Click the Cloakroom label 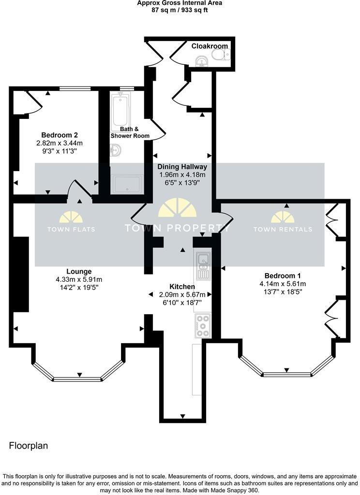click(x=209, y=46)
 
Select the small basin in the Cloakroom click(x=202, y=61)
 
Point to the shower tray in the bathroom click(x=127, y=184)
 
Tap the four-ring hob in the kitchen click(x=202, y=326)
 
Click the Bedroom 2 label click(x=59, y=135)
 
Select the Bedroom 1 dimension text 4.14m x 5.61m click(x=283, y=284)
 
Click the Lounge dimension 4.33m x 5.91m click(x=79, y=279)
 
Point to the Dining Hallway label click(x=182, y=167)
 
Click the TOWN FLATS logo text click(x=71, y=229)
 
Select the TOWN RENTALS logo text click(x=283, y=229)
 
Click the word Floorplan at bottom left click(x=29, y=446)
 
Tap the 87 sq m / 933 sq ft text click(x=180, y=9)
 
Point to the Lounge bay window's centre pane click(x=79, y=379)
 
